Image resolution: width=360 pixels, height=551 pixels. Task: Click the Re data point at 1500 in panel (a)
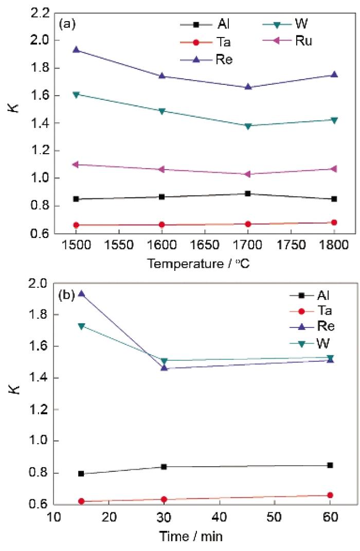pyautogui.click(x=76, y=50)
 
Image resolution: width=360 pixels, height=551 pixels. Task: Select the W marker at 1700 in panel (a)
pyautogui.click(x=248, y=126)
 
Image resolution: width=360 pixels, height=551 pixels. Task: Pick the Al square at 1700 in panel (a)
pyautogui.click(x=248, y=194)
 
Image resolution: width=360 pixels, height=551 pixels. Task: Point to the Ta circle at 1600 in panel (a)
pyautogui.click(x=162, y=225)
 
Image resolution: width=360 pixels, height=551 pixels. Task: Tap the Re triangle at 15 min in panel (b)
pyautogui.click(x=81, y=294)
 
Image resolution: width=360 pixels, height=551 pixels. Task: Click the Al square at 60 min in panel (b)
pyautogui.click(x=330, y=465)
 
